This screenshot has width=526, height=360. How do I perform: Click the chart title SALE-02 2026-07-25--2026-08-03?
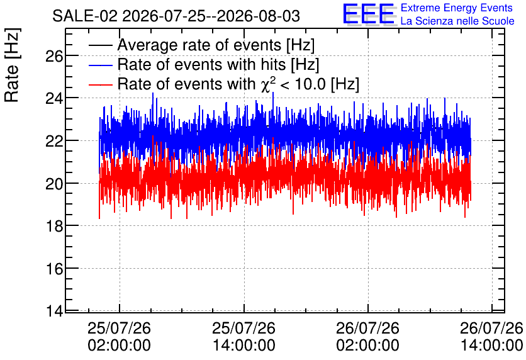[x=176, y=16]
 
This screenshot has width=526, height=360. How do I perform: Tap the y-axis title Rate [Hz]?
[x=12, y=65]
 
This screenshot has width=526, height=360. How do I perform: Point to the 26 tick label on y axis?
[x=54, y=56]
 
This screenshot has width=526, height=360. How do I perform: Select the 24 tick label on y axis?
[x=54, y=99]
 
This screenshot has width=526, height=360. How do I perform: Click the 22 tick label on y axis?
[x=54, y=141]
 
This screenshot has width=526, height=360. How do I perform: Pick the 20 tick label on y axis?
[x=54, y=184]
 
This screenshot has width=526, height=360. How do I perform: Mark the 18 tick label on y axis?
[x=54, y=227]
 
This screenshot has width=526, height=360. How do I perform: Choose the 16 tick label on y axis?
[x=54, y=269]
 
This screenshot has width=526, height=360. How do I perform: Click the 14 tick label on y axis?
[x=54, y=312]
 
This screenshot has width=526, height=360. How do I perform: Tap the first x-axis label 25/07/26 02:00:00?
[x=120, y=337]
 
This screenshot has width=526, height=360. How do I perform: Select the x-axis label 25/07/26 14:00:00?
[x=244, y=337]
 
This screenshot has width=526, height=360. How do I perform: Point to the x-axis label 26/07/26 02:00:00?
[x=368, y=337]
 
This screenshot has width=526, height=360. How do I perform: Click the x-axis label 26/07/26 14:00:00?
[x=491, y=337]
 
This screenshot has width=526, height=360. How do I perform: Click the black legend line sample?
[x=100, y=45]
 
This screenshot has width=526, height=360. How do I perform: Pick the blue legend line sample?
[x=100, y=65]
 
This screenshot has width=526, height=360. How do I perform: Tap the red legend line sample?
[x=100, y=84]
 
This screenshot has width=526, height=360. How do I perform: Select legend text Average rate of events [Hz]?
[x=216, y=45]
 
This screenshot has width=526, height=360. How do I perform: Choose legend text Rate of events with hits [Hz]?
[x=218, y=65]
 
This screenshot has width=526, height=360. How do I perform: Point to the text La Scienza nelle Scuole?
[x=457, y=21]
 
